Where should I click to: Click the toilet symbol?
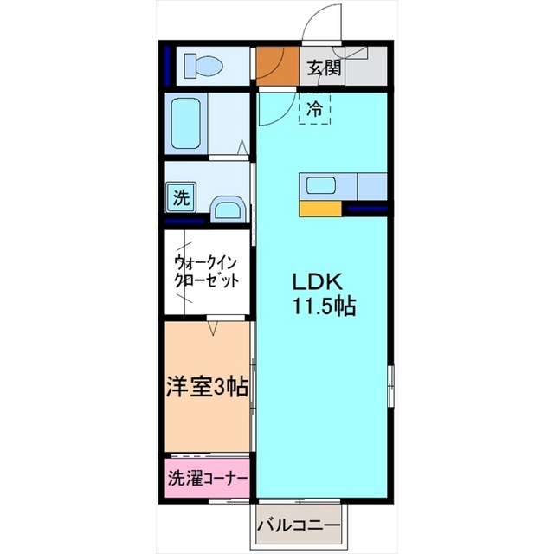tap(203, 66)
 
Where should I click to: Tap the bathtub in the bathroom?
tap(186, 123)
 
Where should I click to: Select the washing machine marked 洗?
tap(181, 197)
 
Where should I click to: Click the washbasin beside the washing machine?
tap(229, 210)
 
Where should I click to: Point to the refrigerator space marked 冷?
tap(314, 108)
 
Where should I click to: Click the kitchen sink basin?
tap(321, 186)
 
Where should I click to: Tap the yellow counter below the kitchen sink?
tap(320, 209)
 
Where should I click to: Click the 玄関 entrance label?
tap(324, 68)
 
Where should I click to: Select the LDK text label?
tap(318, 282)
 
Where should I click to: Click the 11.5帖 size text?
tap(323, 306)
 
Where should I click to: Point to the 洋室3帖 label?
tap(208, 387)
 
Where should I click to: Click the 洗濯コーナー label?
tap(208, 480)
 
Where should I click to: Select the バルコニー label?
tap(299, 526)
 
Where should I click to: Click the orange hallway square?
tap(278, 66)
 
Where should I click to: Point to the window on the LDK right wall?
tap(390, 387)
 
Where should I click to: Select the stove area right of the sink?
tap(372, 186)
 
